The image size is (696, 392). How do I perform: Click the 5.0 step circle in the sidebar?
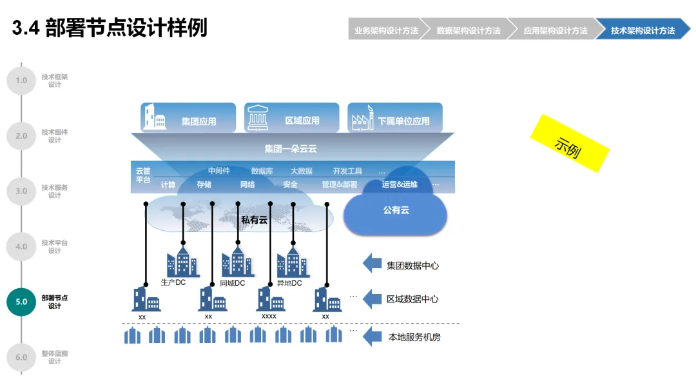click(21, 302)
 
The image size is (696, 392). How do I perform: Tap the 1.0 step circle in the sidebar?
click(21, 81)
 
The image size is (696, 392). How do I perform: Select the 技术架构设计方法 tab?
click(643, 30)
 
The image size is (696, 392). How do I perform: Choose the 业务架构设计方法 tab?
click(385, 30)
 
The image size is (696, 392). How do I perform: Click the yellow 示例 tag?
click(569, 143)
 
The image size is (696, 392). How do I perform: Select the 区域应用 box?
click(292, 118)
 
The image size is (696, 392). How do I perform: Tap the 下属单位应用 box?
click(395, 118)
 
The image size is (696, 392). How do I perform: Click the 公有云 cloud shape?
click(395, 211)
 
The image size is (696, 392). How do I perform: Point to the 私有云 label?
click(254, 220)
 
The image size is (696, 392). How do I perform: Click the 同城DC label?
click(233, 283)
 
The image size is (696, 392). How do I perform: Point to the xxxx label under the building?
click(269, 317)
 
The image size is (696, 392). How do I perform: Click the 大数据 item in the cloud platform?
click(301, 171)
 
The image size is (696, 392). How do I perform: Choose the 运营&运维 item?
click(400, 185)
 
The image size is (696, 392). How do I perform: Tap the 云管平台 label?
click(143, 175)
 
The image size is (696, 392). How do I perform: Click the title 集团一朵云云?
click(291, 149)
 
